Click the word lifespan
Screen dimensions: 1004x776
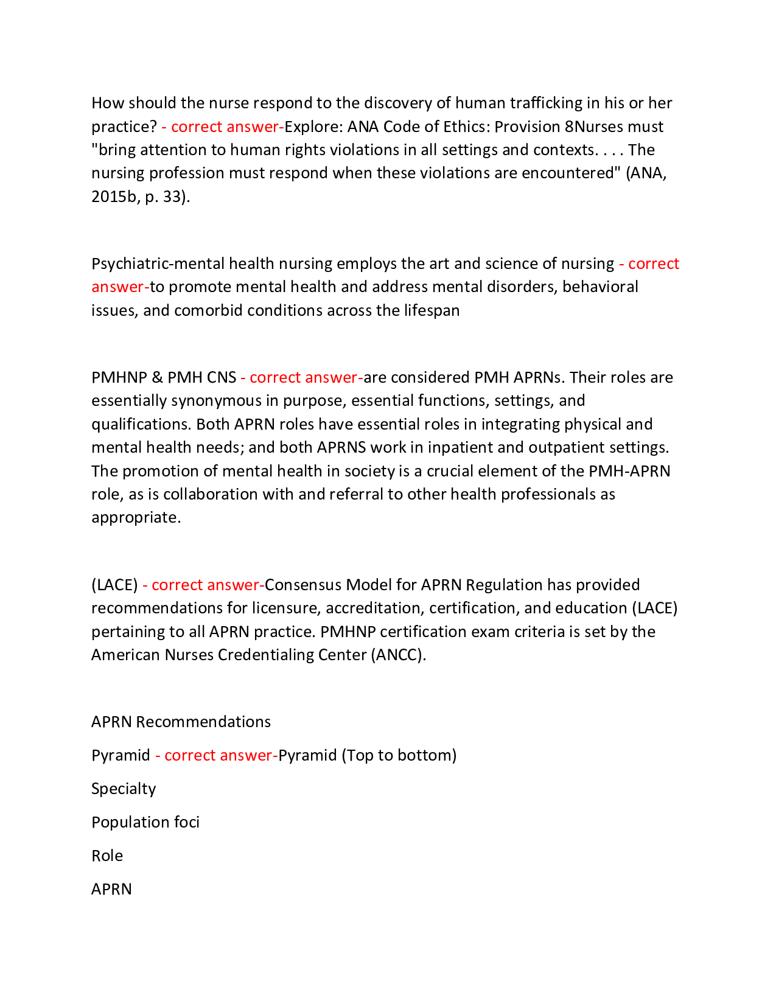[x=432, y=310]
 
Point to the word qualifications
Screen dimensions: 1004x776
[x=140, y=424]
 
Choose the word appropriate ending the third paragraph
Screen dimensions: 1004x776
[x=136, y=517]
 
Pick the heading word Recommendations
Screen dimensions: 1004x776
[x=203, y=722]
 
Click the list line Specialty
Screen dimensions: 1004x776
[x=124, y=789]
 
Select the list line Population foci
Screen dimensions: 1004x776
[x=145, y=822]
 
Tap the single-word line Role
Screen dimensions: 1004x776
[x=107, y=856]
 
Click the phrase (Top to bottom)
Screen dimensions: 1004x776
[x=399, y=755]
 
